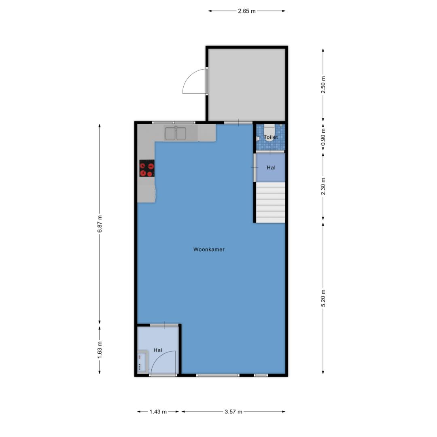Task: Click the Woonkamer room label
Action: click(x=209, y=249)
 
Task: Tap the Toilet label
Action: click(x=271, y=137)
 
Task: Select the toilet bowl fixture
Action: click(x=269, y=133)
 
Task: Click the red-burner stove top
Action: click(x=147, y=168)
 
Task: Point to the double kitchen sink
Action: click(x=176, y=134)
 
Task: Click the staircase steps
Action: click(x=271, y=202)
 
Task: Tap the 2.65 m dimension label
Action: click(x=247, y=11)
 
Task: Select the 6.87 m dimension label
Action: click(x=100, y=224)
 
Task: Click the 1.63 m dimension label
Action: click(x=100, y=350)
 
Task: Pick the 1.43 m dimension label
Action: click(x=158, y=412)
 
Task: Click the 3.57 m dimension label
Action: click(x=233, y=412)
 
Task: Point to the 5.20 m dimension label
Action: click(x=323, y=298)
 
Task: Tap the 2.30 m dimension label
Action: click(x=323, y=186)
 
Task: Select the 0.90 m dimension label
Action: click(x=323, y=137)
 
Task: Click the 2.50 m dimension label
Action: click(x=323, y=85)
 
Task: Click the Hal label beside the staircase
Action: click(x=271, y=168)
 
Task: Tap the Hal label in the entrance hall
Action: click(x=158, y=350)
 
